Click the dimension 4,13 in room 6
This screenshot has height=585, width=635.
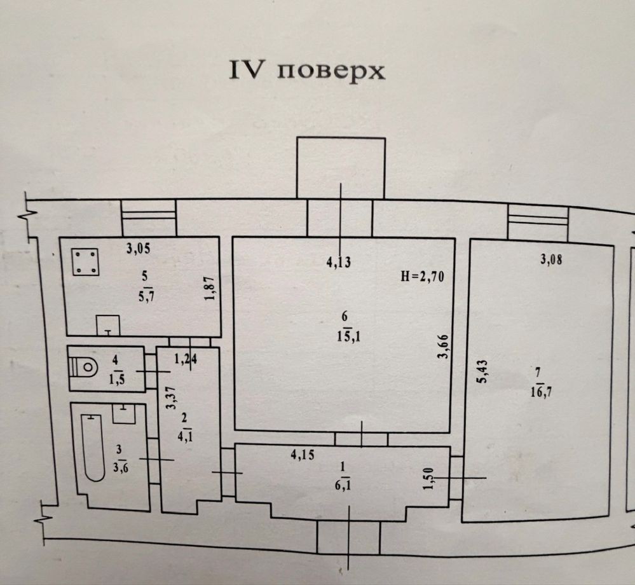click(x=339, y=261)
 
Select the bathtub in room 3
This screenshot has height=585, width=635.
click(x=93, y=447)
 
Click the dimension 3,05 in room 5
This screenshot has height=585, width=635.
click(x=139, y=249)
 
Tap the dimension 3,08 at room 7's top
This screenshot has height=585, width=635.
click(x=551, y=259)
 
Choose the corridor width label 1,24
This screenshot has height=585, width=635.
click(x=186, y=359)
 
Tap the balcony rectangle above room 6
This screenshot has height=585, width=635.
click(x=341, y=168)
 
